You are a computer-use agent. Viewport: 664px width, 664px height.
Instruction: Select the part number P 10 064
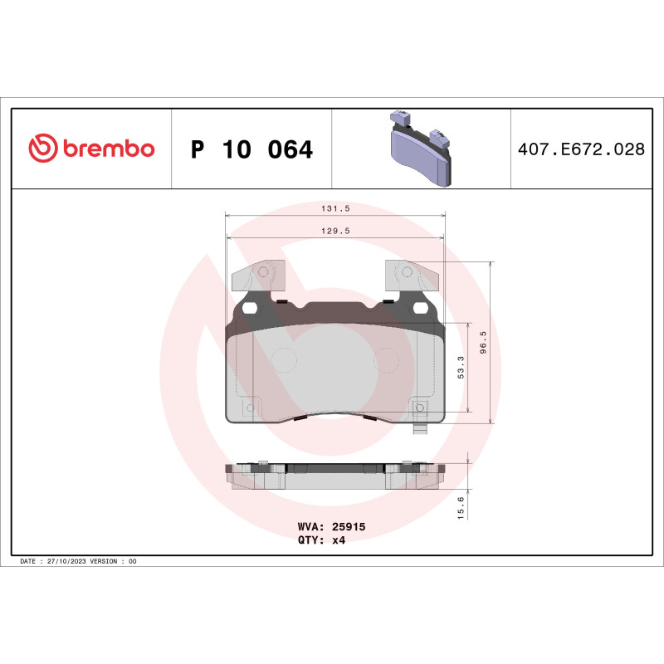pyautogui.click(x=251, y=150)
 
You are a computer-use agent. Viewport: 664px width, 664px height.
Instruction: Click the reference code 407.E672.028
pyautogui.click(x=581, y=150)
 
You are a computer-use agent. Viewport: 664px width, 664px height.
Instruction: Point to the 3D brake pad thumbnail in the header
pyautogui.click(x=421, y=150)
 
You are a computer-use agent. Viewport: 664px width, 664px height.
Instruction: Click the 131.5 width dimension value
pyautogui.click(x=336, y=209)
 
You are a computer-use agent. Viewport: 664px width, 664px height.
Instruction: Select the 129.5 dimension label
pyautogui.click(x=336, y=232)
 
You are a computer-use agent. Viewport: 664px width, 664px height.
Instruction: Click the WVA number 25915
pyautogui.click(x=349, y=526)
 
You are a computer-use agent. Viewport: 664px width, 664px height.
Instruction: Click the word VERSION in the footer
pyautogui.click(x=104, y=562)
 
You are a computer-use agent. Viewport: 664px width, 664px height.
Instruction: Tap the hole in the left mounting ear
pyautogui.click(x=265, y=271)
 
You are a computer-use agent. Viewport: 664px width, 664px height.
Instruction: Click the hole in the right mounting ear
pyautogui.click(x=406, y=271)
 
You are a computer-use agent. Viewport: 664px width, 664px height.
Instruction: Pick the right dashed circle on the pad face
pyautogui.click(x=386, y=359)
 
